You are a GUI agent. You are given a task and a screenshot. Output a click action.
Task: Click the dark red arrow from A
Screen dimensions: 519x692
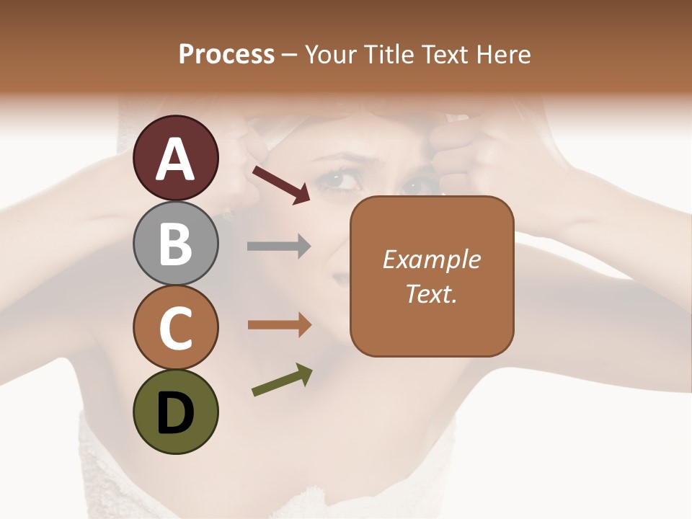pyautogui.click(x=281, y=184)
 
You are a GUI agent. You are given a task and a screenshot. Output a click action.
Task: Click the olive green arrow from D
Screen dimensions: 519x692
pyautogui.click(x=282, y=381)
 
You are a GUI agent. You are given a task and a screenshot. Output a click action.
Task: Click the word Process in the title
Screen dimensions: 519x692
pyautogui.click(x=226, y=54)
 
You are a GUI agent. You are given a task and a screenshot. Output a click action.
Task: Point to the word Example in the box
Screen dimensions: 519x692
pyautogui.click(x=432, y=259)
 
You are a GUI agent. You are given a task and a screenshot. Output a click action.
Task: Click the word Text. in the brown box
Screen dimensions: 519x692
pyautogui.click(x=432, y=293)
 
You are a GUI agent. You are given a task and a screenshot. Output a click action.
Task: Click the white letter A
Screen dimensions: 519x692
pyautogui.click(x=175, y=159)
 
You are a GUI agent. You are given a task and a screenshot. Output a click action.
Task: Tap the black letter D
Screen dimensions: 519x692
pyautogui.click(x=175, y=414)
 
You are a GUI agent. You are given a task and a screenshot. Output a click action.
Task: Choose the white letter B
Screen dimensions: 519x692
pyautogui.click(x=175, y=244)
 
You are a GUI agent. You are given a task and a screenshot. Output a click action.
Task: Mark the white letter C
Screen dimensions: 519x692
pyautogui.click(x=175, y=328)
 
